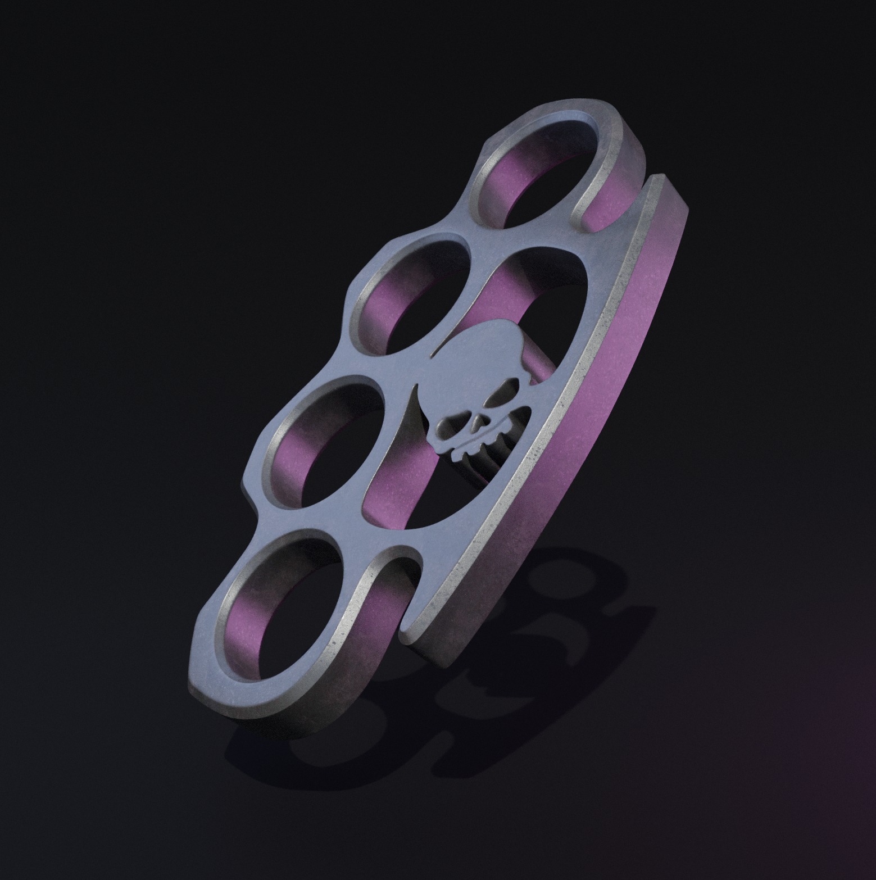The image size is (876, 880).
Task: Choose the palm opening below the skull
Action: (416, 495)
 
